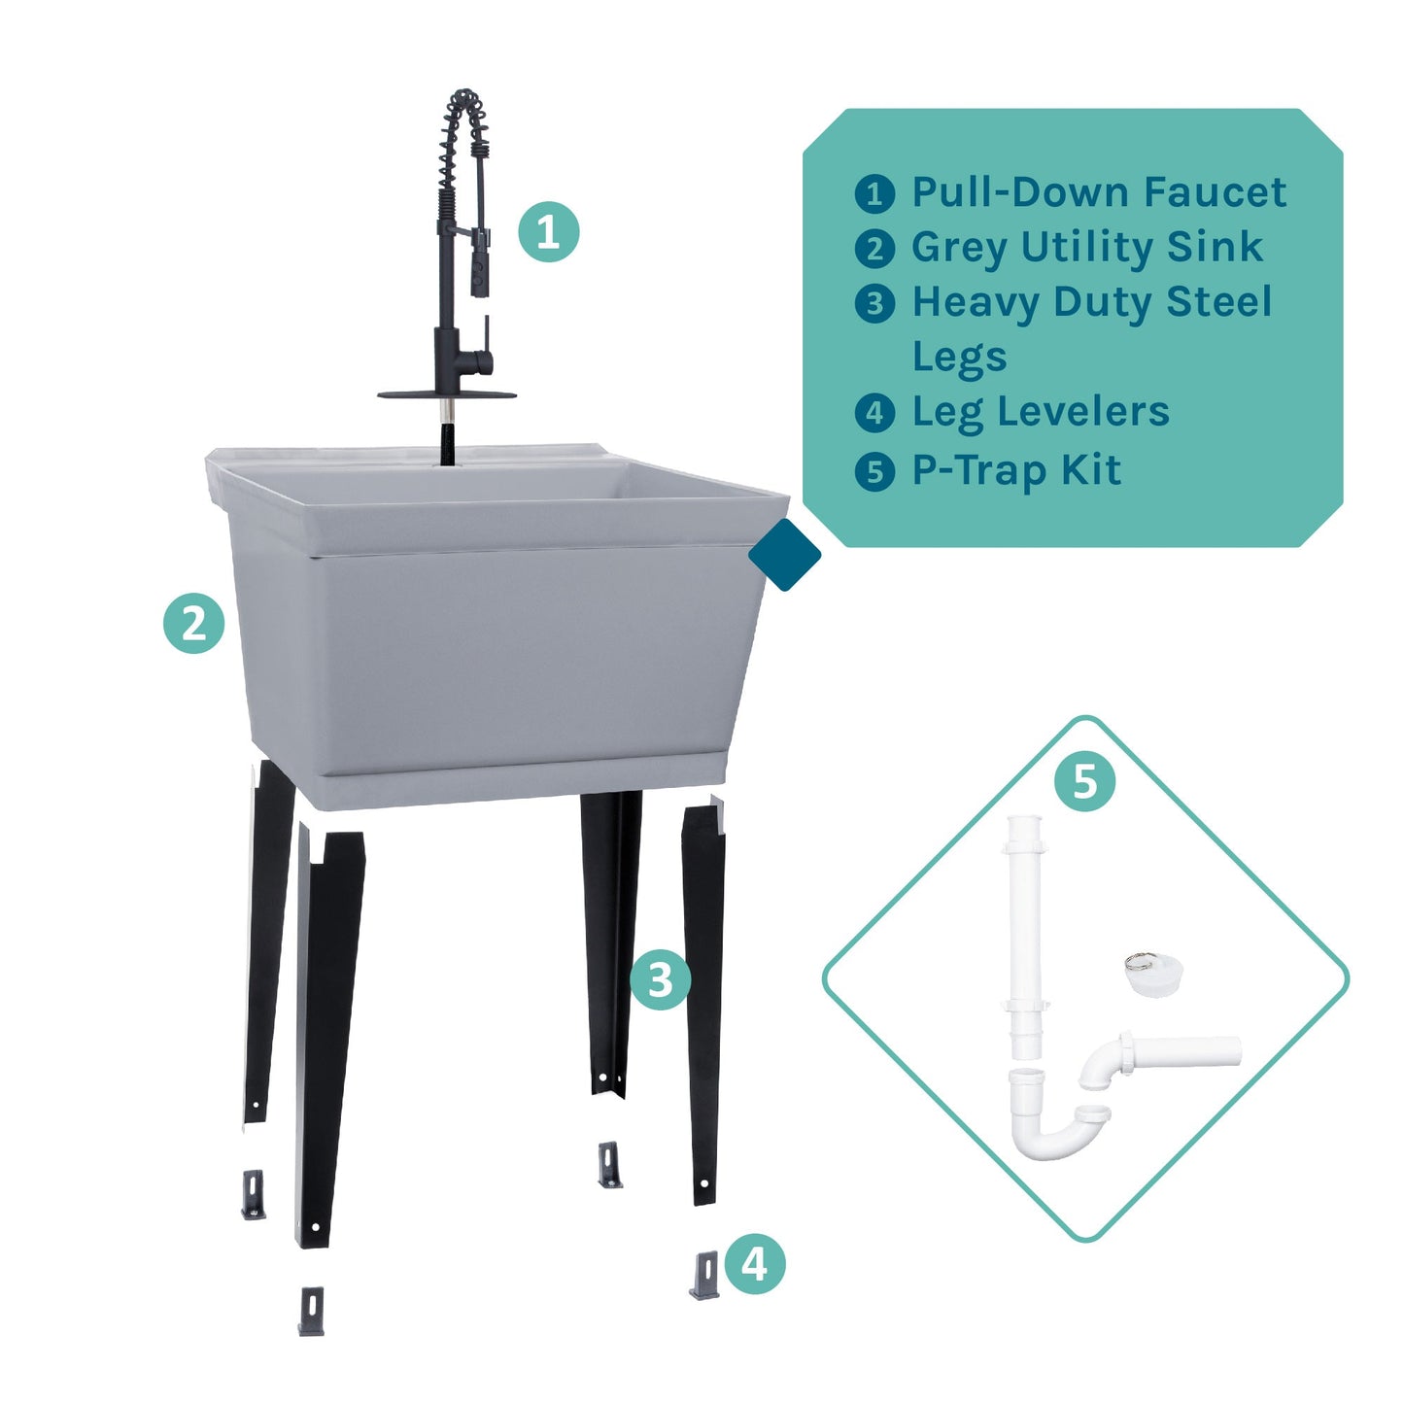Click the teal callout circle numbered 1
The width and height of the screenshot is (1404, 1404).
tap(548, 232)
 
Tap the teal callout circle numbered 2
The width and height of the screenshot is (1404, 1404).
tap(194, 623)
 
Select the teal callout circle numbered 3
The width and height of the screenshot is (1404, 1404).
tap(661, 979)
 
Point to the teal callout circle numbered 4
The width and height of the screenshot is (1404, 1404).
tap(755, 1264)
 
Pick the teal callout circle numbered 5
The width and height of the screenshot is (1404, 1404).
tap(1084, 781)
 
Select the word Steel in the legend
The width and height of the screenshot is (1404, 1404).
tap(1218, 302)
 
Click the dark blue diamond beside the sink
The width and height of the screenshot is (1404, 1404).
tap(785, 555)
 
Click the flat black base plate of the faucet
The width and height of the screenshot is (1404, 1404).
tap(446, 394)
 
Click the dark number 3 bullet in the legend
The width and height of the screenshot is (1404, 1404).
tap(874, 303)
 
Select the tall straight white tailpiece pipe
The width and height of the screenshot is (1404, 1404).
tap(1024, 933)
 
